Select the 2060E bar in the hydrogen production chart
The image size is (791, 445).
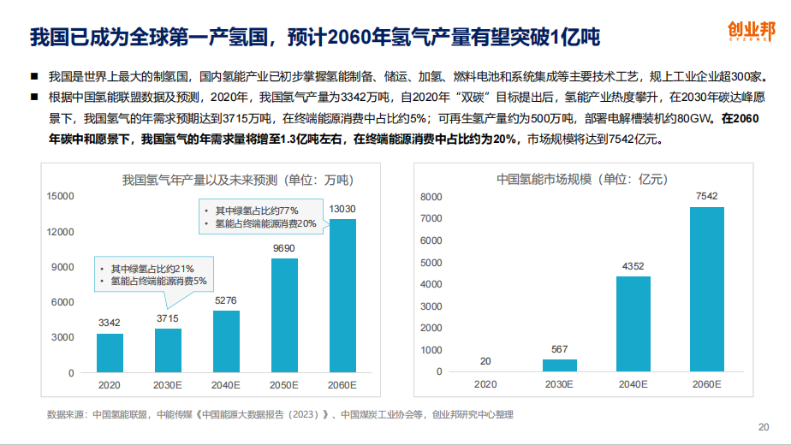[x=342, y=295]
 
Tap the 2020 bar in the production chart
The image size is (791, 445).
[x=109, y=353]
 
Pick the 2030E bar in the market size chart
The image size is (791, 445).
[x=560, y=365]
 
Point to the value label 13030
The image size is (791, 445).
[x=342, y=209]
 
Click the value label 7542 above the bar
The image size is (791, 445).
[x=707, y=197]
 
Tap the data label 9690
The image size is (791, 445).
[x=284, y=248]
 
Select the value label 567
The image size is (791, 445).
[x=560, y=349]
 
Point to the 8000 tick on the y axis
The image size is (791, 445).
[x=431, y=197]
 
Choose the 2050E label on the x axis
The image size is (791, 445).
[x=284, y=384]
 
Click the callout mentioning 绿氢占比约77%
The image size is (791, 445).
[x=259, y=217]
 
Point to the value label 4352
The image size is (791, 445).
[x=633, y=266]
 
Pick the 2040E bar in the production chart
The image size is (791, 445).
[x=226, y=341]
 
